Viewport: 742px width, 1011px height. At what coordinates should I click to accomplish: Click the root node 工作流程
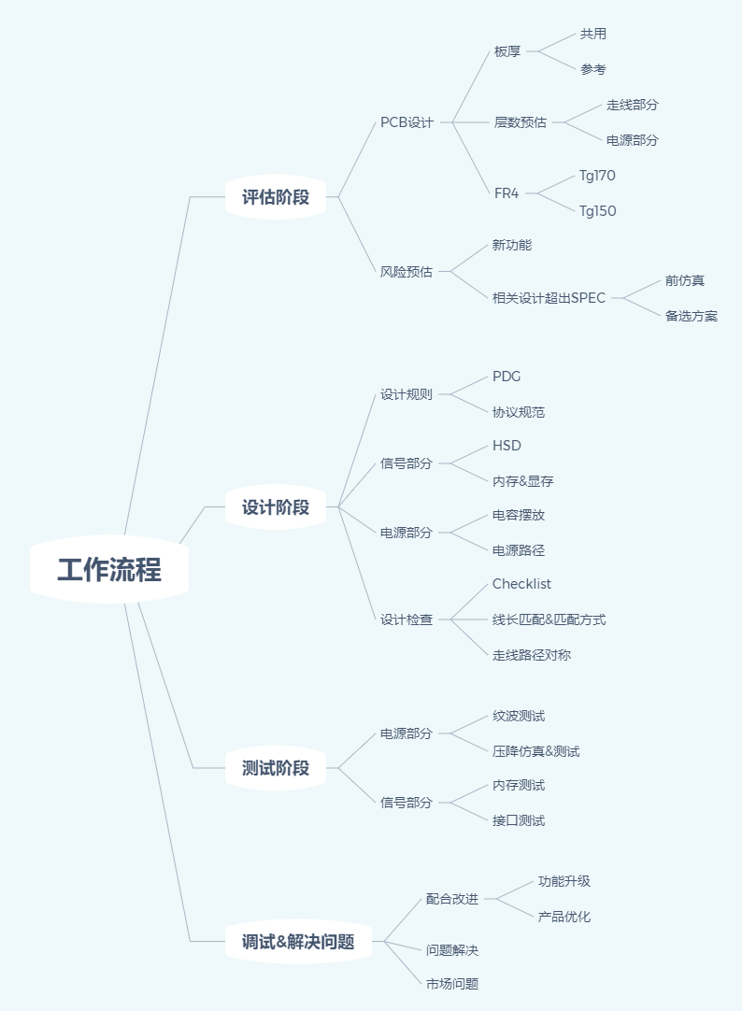coord(109,569)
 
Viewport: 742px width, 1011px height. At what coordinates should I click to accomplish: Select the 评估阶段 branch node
coord(276,196)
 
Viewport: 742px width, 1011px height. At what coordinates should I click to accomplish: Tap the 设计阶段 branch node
coord(276,506)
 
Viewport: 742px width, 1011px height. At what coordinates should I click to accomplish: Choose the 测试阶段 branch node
coord(276,768)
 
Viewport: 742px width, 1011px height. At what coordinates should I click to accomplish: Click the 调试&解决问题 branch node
coord(298,941)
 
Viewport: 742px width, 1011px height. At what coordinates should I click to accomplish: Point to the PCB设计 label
coord(407,122)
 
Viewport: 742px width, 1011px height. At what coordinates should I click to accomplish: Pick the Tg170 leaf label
coord(597,176)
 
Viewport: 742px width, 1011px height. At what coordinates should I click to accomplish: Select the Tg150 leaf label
coord(597,211)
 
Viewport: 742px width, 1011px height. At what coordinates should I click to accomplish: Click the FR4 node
coord(507,193)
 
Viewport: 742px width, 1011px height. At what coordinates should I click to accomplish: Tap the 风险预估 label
coord(407,272)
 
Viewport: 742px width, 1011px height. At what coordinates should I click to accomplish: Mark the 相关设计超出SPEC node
coord(549,298)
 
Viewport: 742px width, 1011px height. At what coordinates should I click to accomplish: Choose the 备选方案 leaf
coord(692,316)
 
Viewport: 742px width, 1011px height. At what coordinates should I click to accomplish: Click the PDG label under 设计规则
coord(507,377)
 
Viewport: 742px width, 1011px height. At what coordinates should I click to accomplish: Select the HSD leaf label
coord(507,446)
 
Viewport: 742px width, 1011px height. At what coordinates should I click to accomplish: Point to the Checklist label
coord(521,583)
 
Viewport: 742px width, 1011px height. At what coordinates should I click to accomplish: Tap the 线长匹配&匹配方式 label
coord(549,619)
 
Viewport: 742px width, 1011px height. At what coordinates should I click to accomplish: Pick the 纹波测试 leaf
coord(519,716)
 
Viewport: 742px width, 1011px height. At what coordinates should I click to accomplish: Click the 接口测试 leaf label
coord(519,820)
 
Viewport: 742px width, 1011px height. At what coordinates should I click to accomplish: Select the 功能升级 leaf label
coord(564,881)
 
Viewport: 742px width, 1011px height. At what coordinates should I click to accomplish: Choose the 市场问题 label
coord(452,984)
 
